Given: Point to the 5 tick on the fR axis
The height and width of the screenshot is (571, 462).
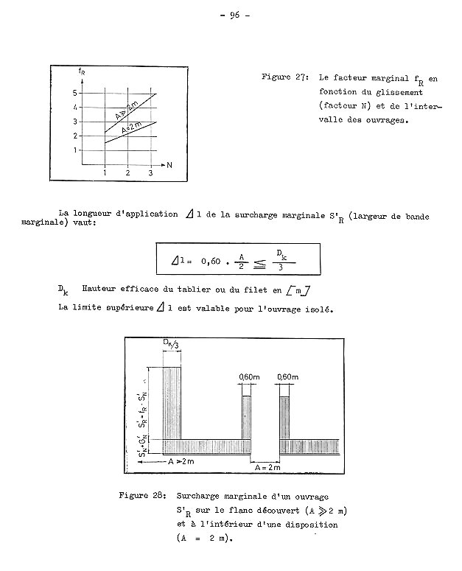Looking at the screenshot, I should pos(74,93).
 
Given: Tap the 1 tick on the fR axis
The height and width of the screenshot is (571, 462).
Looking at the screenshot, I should pos(74,150).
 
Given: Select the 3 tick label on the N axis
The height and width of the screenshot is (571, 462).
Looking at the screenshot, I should pos(150,173).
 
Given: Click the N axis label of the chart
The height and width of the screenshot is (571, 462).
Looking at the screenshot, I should pos(169,164).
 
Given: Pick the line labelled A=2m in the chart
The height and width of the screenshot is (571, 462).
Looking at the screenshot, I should pos(131,130).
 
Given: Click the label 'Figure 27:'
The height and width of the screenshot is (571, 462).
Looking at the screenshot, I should pos(285,77).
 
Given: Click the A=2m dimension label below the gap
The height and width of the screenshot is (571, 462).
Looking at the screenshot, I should pos(267,466).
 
